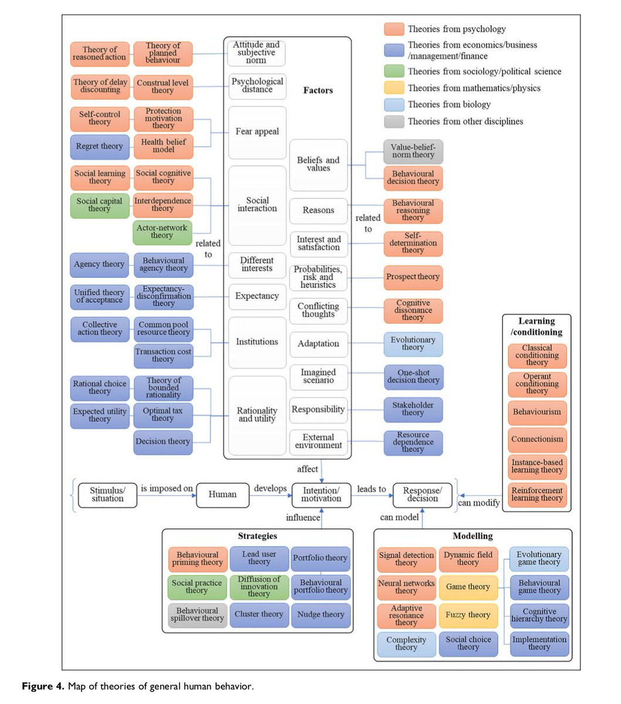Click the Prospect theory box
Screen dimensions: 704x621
pos(413,277)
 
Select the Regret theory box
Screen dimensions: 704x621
pos(99,146)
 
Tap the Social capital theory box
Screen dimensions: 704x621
pos(99,205)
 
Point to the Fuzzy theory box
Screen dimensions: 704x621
pos(468,615)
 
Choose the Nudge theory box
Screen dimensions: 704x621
pos(320,614)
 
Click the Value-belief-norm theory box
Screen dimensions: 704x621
pos(413,151)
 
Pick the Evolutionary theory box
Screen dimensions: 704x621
pos(413,343)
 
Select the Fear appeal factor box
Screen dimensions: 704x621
pos(257,132)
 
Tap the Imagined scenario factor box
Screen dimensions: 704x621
pos(318,376)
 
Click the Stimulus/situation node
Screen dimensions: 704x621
pos(107,495)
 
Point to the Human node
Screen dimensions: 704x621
pos(222,495)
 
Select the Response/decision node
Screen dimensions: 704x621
pos(422,495)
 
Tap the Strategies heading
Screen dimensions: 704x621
pos(257,536)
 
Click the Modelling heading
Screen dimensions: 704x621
pos(473,536)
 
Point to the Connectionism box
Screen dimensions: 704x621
pos(537,439)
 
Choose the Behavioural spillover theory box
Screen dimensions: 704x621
pos(197,614)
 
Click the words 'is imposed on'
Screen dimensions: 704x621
pos(167,488)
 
